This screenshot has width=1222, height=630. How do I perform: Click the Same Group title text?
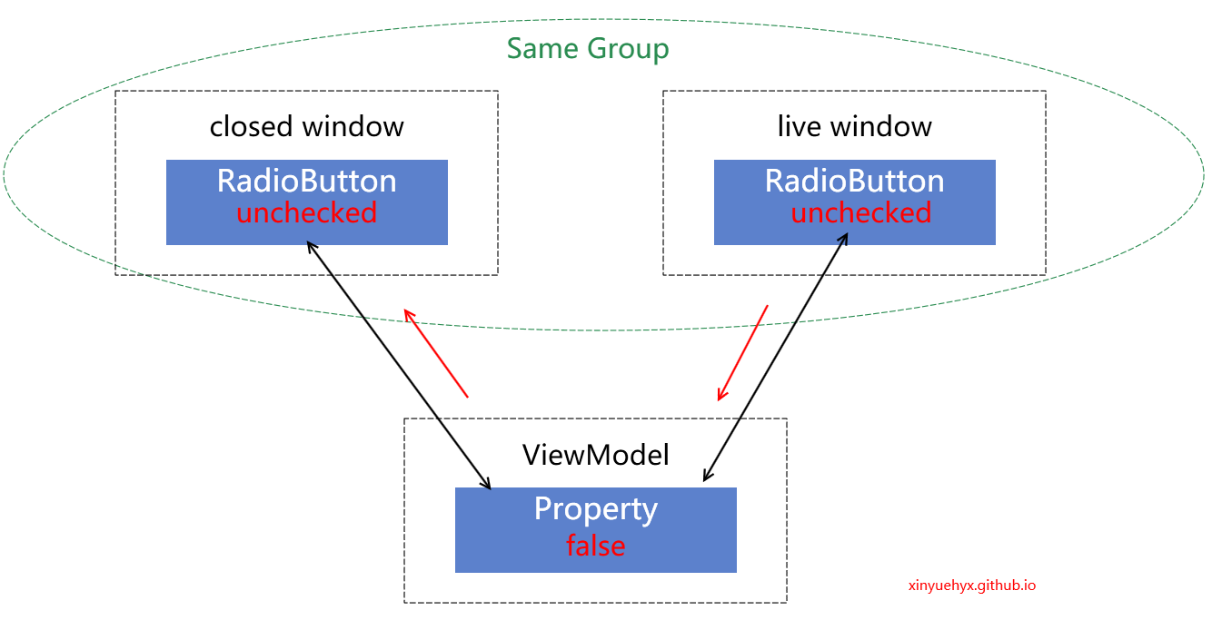(588, 48)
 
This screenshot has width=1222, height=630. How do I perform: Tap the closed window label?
(306, 125)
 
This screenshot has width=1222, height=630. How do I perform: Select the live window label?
(854, 125)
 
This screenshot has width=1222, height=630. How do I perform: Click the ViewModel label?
(595, 454)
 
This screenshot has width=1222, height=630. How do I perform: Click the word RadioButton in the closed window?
(306, 181)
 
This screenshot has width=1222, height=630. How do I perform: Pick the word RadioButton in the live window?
(854, 181)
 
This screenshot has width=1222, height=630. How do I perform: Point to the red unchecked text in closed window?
(306, 213)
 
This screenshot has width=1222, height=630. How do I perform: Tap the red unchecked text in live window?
(860, 213)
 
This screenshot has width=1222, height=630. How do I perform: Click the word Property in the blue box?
(595, 508)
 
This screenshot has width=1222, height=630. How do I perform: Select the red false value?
(595, 546)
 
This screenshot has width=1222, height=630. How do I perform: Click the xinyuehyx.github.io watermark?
(971, 586)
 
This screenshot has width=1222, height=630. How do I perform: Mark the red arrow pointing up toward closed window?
(435, 353)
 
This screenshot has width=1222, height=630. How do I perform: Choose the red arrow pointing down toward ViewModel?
(743, 353)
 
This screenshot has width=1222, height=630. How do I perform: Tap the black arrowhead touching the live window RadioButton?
(844, 237)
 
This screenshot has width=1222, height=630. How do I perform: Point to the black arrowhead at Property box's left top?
(487, 484)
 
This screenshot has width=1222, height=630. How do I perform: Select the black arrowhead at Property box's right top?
(706, 477)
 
